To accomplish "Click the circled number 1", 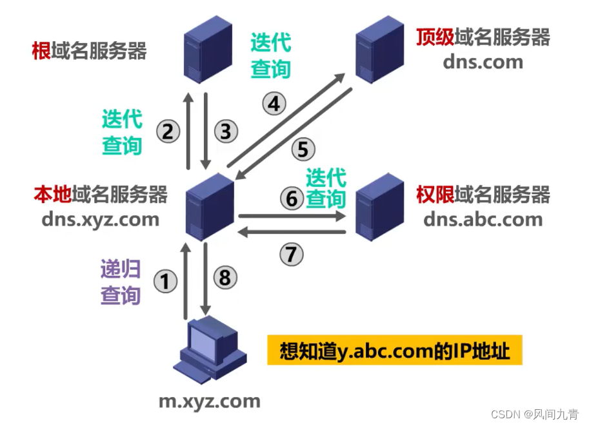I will pyautogui.click(x=165, y=281).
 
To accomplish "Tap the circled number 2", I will pyautogui.click(x=168, y=132).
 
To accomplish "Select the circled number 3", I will pyautogui.click(x=226, y=132).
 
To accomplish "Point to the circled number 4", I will pyautogui.click(x=274, y=103).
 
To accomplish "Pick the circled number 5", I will pyautogui.click(x=303, y=150).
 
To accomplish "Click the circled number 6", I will pyautogui.click(x=292, y=198).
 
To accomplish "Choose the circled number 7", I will pyautogui.click(x=292, y=254).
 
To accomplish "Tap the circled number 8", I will pyautogui.click(x=225, y=278).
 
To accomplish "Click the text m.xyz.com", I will pyautogui.click(x=210, y=402).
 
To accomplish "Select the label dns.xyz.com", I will pyautogui.click(x=100, y=219).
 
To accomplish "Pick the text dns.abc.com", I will pyautogui.click(x=483, y=219).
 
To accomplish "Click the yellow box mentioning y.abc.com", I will pyautogui.click(x=395, y=351).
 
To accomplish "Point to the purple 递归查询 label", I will pyautogui.click(x=121, y=282).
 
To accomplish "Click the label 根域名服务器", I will pyautogui.click(x=90, y=51).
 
